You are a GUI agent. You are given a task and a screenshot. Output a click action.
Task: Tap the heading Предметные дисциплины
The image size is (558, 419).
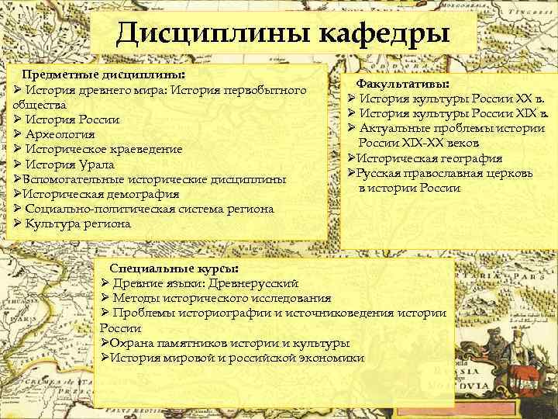[x=104, y=75]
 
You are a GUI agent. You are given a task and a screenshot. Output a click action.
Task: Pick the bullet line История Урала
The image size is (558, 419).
[x=64, y=164]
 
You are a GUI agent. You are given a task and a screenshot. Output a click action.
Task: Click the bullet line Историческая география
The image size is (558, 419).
[x=424, y=158]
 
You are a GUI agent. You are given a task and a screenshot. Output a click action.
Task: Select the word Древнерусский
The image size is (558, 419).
[x=256, y=283]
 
